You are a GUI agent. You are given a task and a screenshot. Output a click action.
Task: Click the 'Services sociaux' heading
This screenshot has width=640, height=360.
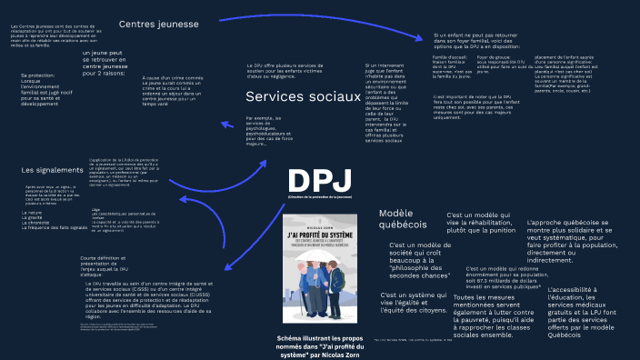point(303,96)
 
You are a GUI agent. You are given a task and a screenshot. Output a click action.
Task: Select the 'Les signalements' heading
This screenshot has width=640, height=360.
point(52,170)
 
